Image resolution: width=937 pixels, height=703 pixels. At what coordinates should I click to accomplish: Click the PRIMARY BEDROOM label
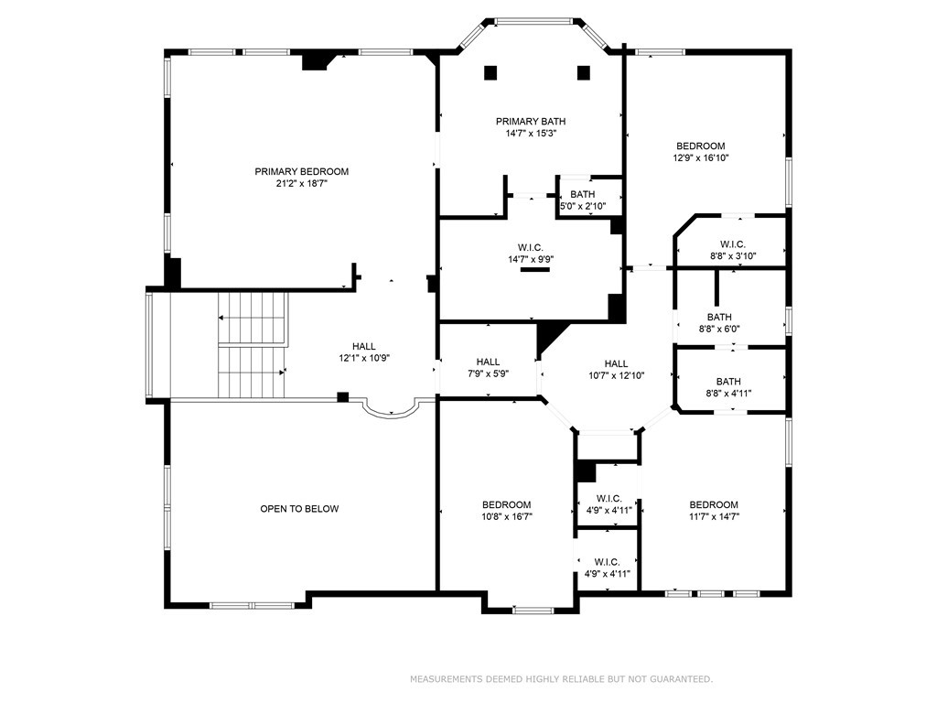[301, 171]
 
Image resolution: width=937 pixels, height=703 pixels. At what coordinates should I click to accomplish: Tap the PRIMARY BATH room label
[531, 121]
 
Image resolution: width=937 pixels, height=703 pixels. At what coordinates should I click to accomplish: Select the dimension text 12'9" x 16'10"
[700, 157]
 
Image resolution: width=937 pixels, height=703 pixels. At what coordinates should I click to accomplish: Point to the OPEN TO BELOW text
[299, 509]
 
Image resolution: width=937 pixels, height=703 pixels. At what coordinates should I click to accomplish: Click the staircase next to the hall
[253, 345]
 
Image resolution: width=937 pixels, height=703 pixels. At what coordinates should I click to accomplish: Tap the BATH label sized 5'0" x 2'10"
[582, 194]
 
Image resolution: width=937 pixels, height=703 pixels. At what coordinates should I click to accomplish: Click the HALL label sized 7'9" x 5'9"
[488, 362]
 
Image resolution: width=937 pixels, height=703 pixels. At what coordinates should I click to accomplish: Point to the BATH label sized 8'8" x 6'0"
[719, 317]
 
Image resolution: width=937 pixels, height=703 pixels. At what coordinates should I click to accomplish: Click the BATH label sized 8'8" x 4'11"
[728, 382]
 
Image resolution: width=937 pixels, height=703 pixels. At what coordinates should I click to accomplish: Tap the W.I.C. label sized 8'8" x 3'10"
[732, 243]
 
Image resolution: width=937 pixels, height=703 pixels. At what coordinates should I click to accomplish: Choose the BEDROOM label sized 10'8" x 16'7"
[507, 504]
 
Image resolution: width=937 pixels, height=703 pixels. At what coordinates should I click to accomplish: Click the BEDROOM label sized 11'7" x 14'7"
[714, 504]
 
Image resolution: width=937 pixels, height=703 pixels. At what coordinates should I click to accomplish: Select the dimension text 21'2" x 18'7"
[301, 183]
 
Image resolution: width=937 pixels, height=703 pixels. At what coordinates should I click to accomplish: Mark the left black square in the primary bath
[490, 72]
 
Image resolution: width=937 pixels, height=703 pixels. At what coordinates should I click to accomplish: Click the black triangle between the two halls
[548, 335]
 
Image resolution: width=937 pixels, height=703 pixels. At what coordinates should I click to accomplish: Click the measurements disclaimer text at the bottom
[560, 679]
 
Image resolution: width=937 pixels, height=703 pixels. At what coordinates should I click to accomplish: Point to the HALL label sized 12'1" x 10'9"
[364, 346]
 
